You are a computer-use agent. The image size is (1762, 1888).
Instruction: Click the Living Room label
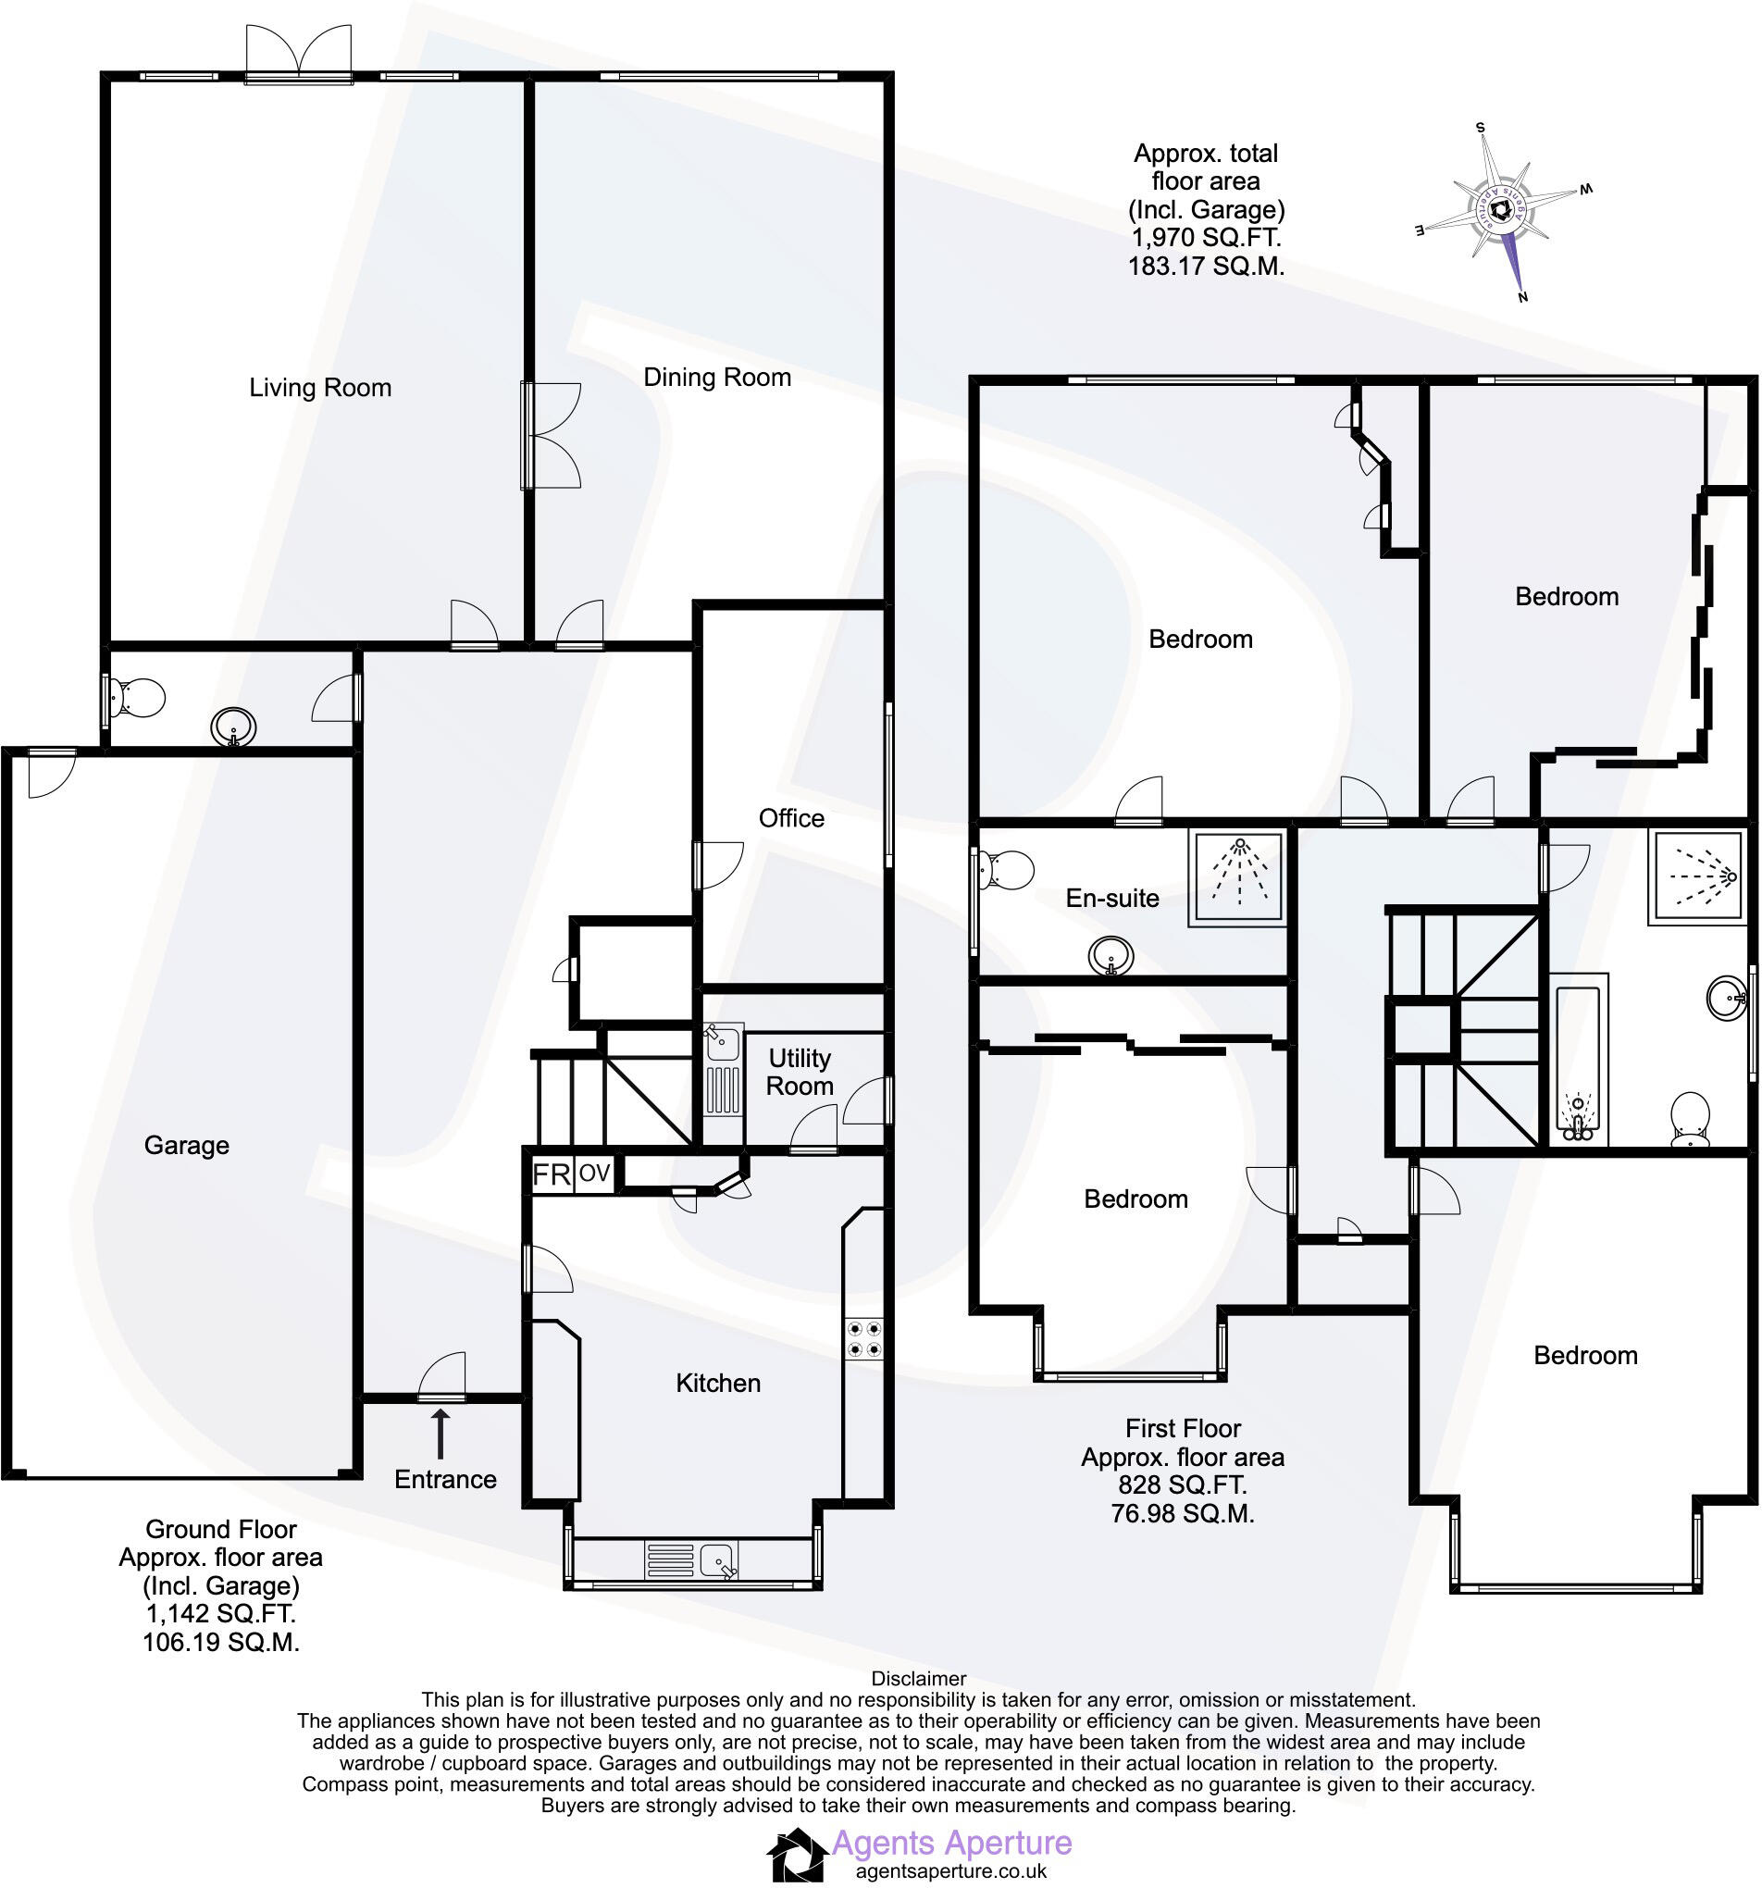click(320, 388)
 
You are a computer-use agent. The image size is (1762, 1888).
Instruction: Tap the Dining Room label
click(717, 377)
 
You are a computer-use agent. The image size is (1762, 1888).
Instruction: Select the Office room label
click(791, 818)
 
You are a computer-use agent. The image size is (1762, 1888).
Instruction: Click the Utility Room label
click(799, 1073)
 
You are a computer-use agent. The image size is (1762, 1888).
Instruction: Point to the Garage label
click(186, 1145)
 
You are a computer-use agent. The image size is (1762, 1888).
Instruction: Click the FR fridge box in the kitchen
click(551, 1174)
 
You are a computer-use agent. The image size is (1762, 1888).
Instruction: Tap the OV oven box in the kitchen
click(594, 1174)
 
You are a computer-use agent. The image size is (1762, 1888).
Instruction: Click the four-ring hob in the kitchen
click(863, 1338)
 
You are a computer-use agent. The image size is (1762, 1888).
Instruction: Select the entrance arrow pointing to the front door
click(440, 1434)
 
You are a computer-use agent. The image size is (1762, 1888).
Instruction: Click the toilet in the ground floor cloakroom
click(136, 699)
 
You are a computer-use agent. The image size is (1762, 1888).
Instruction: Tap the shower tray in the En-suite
click(1237, 878)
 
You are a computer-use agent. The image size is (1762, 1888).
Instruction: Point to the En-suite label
click(1111, 898)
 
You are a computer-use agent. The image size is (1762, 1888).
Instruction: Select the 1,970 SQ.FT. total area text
click(1206, 238)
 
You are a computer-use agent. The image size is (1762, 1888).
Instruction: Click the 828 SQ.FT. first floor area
click(1182, 1484)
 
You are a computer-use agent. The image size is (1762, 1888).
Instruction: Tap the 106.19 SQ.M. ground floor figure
click(220, 1642)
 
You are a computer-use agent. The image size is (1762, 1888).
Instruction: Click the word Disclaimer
click(918, 1679)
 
